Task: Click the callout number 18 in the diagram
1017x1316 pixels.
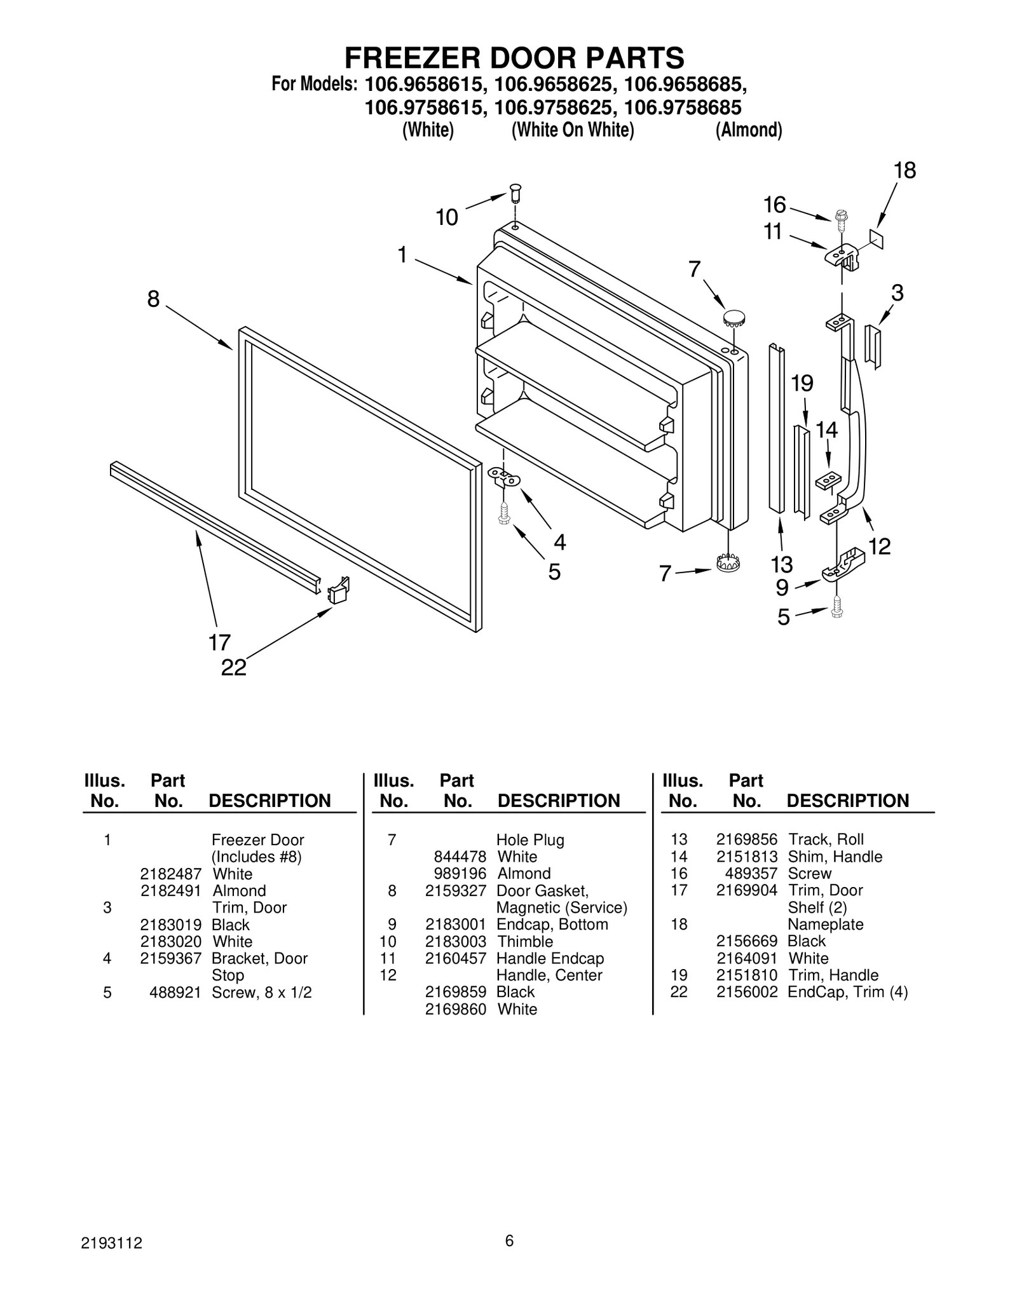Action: pos(904,170)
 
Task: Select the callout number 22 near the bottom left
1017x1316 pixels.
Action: pos(233,667)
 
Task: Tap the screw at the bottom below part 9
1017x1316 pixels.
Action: pos(836,607)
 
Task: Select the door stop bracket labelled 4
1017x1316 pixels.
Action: pos(505,477)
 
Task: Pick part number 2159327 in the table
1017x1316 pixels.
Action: pos(455,890)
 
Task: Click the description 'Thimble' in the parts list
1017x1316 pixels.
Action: pos(524,941)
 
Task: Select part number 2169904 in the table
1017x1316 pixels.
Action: pos(746,890)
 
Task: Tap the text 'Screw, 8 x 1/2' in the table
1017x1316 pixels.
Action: pos(261,992)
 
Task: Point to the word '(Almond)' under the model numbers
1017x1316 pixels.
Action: pos(749,130)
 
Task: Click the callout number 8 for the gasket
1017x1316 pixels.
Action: pos(153,299)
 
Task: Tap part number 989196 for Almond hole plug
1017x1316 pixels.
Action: pos(460,873)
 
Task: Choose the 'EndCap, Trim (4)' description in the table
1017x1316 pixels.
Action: pos(847,992)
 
